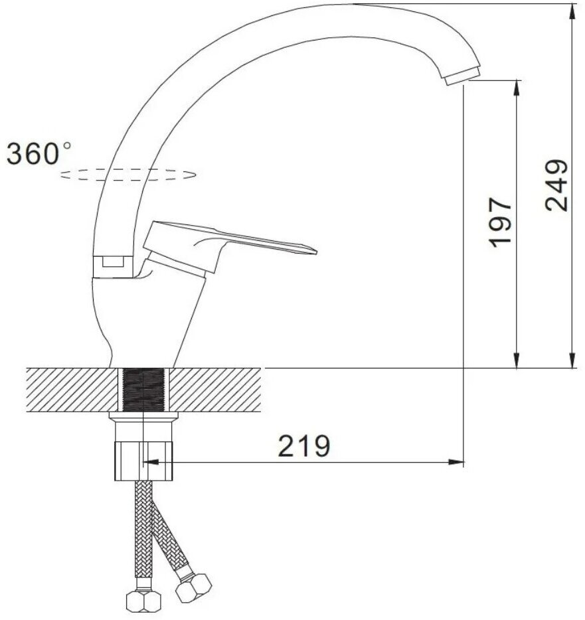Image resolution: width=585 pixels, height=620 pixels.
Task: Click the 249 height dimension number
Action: click(x=556, y=185)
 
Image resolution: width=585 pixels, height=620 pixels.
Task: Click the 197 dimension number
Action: click(x=501, y=222)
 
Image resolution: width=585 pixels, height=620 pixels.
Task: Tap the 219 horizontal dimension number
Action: click(x=303, y=446)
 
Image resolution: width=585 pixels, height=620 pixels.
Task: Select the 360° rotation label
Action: click(x=39, y=153)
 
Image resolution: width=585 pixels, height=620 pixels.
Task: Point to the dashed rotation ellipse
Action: click(x=127, y=175)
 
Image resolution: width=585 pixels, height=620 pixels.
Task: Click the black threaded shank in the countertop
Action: click(x=143, y=390)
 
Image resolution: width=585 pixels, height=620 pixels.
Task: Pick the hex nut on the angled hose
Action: click(x=193, y=587)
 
